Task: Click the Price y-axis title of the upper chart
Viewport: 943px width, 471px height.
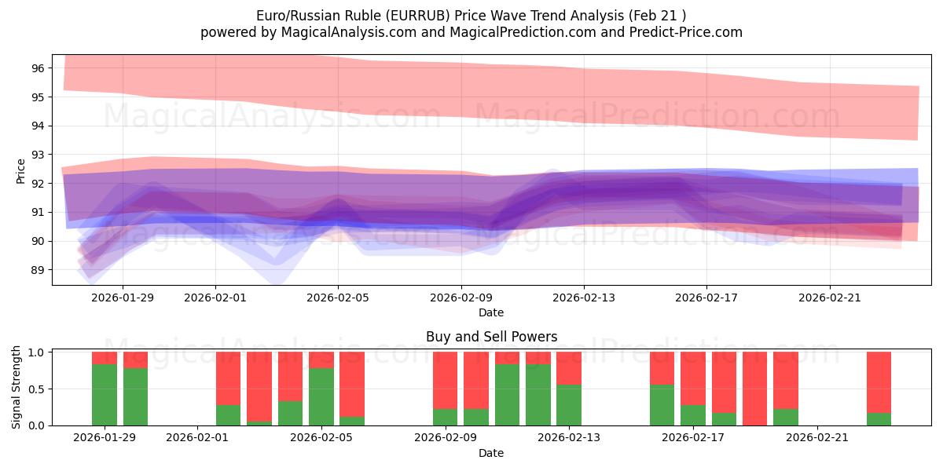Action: pos(21,170)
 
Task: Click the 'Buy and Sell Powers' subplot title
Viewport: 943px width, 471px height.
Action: pos(491,337)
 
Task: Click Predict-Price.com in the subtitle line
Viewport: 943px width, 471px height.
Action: pos(686,32)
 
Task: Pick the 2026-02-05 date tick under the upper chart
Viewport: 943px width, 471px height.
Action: pos(338,298)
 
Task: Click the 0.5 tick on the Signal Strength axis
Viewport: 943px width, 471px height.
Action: pos(37,389)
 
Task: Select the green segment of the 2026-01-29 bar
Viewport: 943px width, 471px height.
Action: pos(105,395)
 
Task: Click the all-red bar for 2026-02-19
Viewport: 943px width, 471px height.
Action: pos(754,389)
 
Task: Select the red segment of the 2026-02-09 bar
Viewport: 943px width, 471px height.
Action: pos(446,381)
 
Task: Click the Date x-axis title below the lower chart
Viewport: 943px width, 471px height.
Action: pos(491,453)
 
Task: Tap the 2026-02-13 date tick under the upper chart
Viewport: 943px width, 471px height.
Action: pos(583,298)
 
